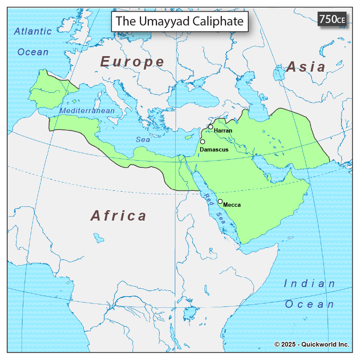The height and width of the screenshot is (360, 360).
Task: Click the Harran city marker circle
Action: point(211,127)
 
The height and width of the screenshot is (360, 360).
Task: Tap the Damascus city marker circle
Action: point(202,142)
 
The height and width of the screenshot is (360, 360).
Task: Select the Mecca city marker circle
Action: point(220,201)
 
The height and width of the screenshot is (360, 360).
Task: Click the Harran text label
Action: point(223,130)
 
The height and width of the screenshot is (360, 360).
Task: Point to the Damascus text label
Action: point(214,149)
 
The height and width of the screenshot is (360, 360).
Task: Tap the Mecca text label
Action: point(232,205)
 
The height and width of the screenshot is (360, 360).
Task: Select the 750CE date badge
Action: point(332,19)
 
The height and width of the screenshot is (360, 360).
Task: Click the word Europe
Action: point(133,62)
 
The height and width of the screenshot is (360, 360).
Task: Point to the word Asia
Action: point(306,66)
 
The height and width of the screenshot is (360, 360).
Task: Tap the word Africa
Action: point(119,215)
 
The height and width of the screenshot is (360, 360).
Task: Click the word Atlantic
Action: point(33,31)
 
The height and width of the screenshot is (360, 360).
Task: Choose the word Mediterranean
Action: point(87,111)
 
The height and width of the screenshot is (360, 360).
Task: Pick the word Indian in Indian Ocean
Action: point(309,284)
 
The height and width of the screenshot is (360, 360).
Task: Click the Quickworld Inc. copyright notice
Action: point(312,344)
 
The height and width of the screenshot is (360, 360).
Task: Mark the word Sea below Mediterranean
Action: point(143,139)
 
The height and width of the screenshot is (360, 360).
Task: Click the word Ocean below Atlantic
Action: point(33,52)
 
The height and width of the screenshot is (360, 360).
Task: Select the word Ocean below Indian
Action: point(309,304)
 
